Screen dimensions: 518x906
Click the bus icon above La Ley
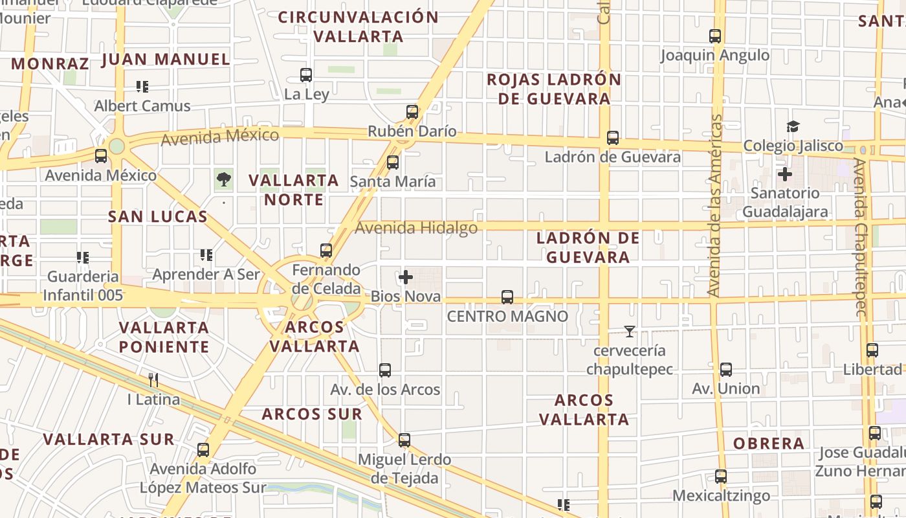(x=306, y=75)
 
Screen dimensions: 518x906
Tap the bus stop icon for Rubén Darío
(x=412, y=112)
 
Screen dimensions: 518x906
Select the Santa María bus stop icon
(x=393, y=163)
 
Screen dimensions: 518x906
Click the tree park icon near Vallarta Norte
(x=224, y=179)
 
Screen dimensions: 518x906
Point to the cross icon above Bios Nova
(x=406, y=278)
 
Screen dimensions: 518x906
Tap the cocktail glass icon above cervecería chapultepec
(x=629, y=332)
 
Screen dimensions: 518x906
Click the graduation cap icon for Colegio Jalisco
(x=793, y=126)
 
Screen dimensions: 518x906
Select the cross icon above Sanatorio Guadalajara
(x=785, y=174)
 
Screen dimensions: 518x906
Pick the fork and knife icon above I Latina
(x=153, y=379)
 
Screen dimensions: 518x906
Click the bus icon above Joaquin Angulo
(x=715, y=36)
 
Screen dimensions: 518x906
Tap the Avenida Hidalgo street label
(x=416, y=228)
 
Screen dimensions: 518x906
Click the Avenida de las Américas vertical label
(x=715, y=206)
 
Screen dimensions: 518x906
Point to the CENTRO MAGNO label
(x=507, y=317)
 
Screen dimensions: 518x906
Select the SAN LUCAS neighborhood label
(x=158, y=217)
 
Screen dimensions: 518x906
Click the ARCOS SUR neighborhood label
(x=312, y=414)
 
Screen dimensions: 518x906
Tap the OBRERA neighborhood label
(x=769, y=444)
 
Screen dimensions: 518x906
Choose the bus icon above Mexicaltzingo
(x=721, y=477)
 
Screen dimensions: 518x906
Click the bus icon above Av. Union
(x=726, y=370)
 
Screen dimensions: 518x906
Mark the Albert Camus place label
(x=142, y=106)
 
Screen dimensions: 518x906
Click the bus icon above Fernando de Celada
(x=326, y=251)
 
